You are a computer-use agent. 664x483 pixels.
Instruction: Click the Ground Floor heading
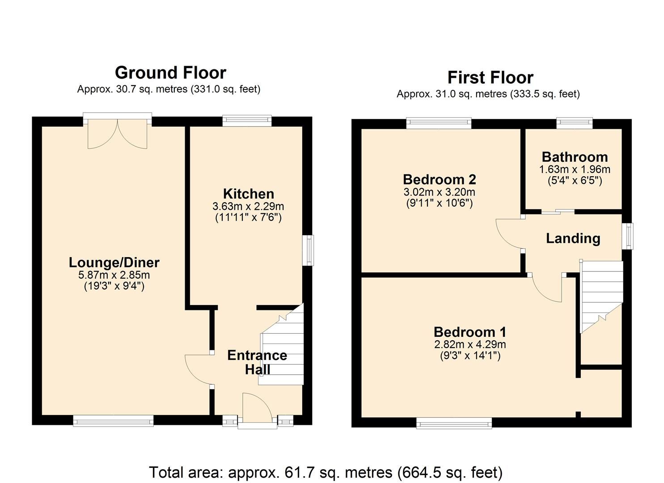[x=170, y=72]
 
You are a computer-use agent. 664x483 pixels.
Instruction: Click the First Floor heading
[x=490, y=77]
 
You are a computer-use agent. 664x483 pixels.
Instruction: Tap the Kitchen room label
[x=248, y=194]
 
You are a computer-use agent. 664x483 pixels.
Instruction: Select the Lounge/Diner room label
[x=114, y=262]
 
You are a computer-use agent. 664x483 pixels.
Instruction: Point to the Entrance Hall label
[x=257, y=362]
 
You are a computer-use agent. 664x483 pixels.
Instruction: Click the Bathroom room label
[x=575, y=157]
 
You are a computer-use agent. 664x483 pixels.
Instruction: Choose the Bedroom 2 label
[x=439, y=179]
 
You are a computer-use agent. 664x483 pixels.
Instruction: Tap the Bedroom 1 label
[x=470, y=332]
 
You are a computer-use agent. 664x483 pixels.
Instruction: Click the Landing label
[x=573, y=238]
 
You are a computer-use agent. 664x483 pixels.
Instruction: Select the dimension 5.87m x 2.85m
[x=114, y=275]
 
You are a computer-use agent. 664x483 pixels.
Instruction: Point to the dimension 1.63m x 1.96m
[x=575, y=169]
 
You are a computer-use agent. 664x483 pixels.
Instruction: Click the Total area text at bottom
[x=326, y=472]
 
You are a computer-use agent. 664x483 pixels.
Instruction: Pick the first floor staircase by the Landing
[x=601, y=295]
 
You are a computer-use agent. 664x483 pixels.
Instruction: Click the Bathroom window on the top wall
[x=574, y=123]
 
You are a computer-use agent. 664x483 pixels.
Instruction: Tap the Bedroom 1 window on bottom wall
[x=454, y=423]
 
